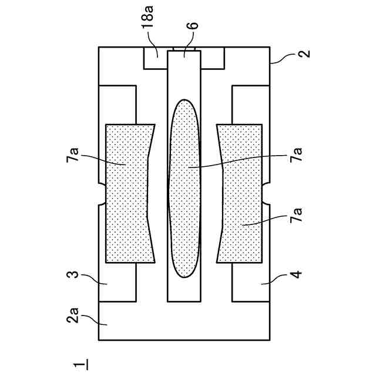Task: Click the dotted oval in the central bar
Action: (x=184, y=188)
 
